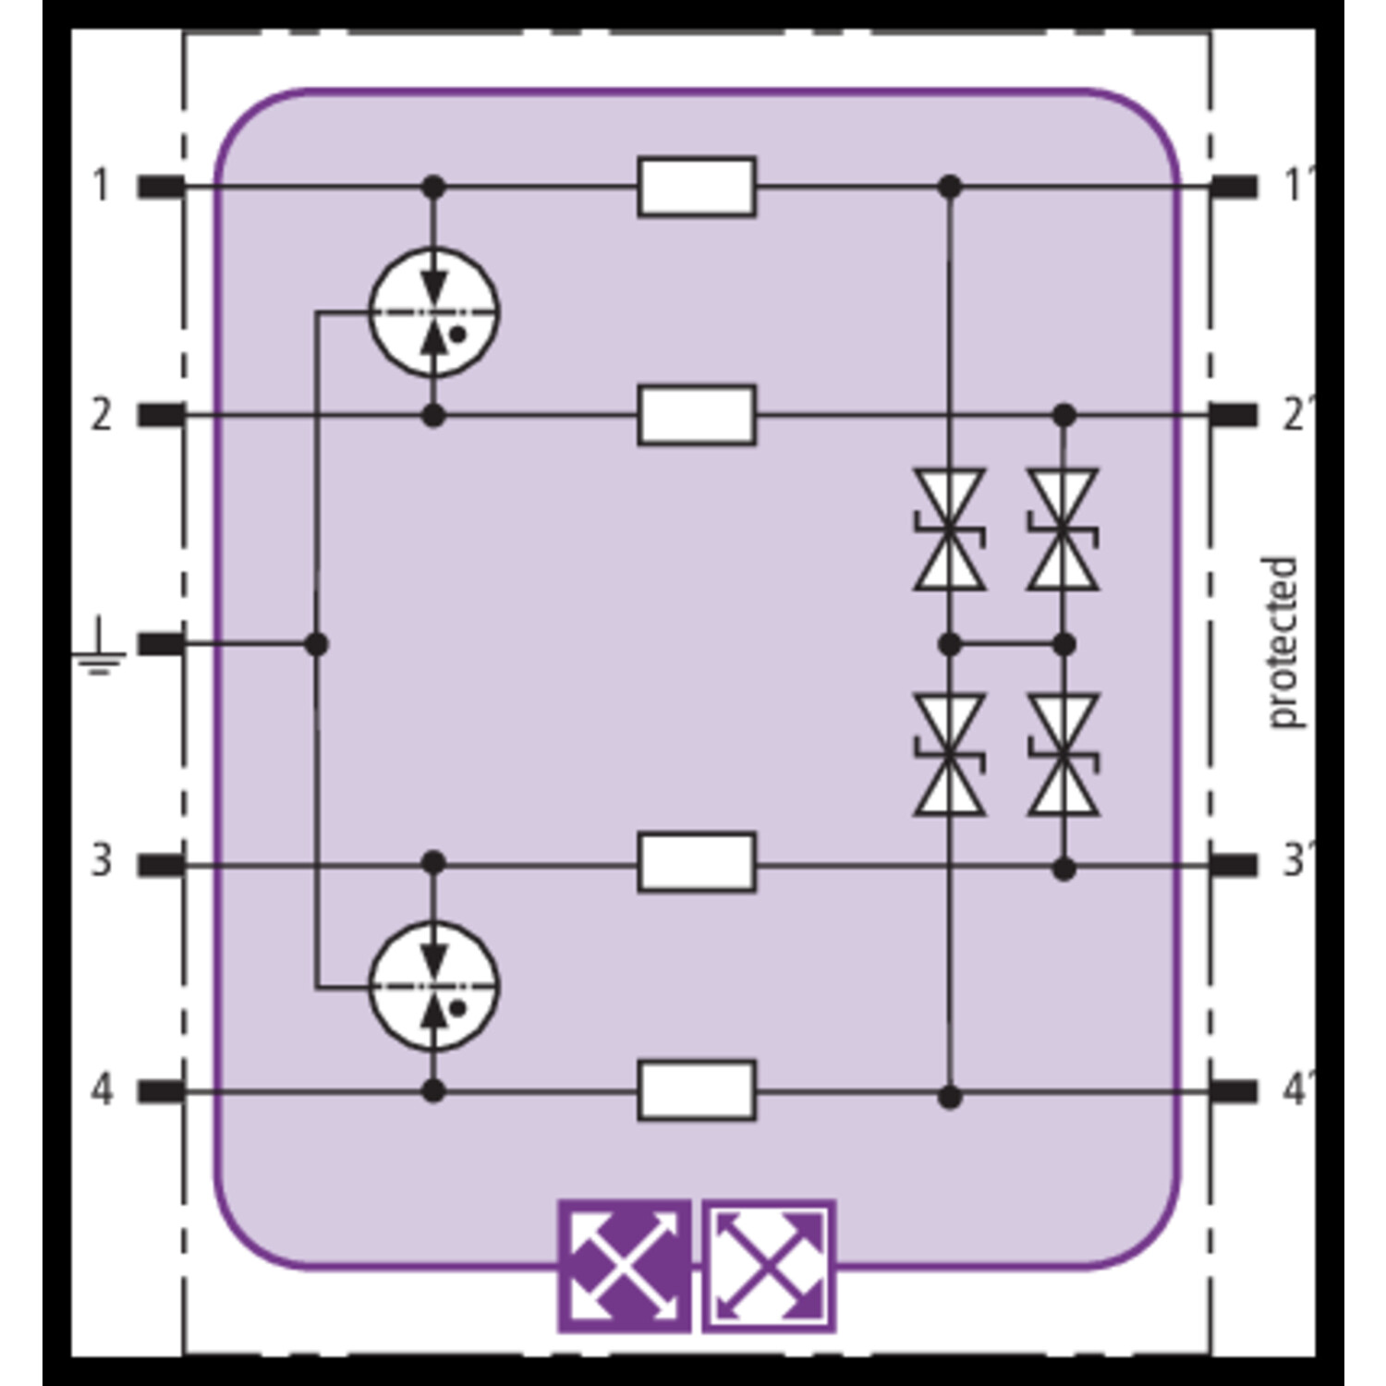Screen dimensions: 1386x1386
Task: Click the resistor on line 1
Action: coord(697,187)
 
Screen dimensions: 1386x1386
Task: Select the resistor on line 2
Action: coord(697,415)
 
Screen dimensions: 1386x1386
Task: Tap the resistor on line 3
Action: coord(697,862)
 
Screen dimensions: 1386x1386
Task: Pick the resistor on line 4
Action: coord(697,1090)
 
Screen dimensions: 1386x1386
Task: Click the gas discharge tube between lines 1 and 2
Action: coord(433,312)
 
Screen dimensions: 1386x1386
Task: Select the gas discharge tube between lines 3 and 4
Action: coord(433,986)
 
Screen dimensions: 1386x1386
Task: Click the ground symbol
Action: coord(98,651)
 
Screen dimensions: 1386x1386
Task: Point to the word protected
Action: coord(1283,643)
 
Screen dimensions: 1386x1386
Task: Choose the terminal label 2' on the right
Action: coord(1295,415)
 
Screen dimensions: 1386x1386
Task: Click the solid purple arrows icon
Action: coord(625,1266)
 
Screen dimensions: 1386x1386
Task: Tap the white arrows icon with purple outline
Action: coord(769,1266)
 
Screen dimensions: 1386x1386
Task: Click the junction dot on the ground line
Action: coord(317,644)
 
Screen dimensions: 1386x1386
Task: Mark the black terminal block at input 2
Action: coord(162,416)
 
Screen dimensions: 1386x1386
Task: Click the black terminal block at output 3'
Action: coord(1234,865)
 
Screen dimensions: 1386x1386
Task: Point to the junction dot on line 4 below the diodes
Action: coord(950,1097)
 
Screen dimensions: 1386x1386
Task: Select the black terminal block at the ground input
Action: coord(162,644)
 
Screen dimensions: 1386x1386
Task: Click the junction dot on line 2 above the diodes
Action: coord(1064,415)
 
